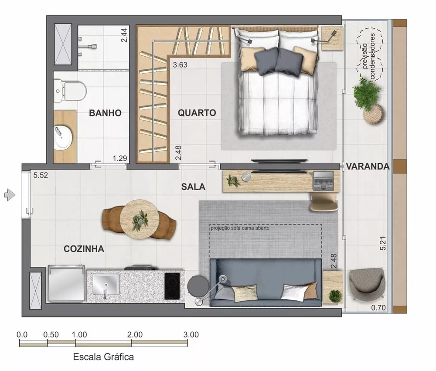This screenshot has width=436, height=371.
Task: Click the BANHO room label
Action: tap(105, 113)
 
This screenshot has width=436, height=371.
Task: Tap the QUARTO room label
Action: tap(197, 112)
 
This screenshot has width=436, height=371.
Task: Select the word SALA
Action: tap(193, 187)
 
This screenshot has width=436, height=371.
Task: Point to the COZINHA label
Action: tap(84, 249)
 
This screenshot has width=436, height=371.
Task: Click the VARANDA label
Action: tap(368, 166)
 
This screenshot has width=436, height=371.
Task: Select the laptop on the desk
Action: tap(324, 180)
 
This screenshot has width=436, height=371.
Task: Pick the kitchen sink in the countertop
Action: tap(106, 287)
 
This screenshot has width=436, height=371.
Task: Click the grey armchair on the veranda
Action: tap(367, 284)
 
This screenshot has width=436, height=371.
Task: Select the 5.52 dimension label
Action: tap(40, 176)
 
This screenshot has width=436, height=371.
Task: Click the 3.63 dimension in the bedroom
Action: tap(180, 65)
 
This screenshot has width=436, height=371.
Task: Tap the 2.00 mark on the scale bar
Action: tap(135, 335)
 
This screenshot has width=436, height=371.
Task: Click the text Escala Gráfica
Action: tap(103, 357)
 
